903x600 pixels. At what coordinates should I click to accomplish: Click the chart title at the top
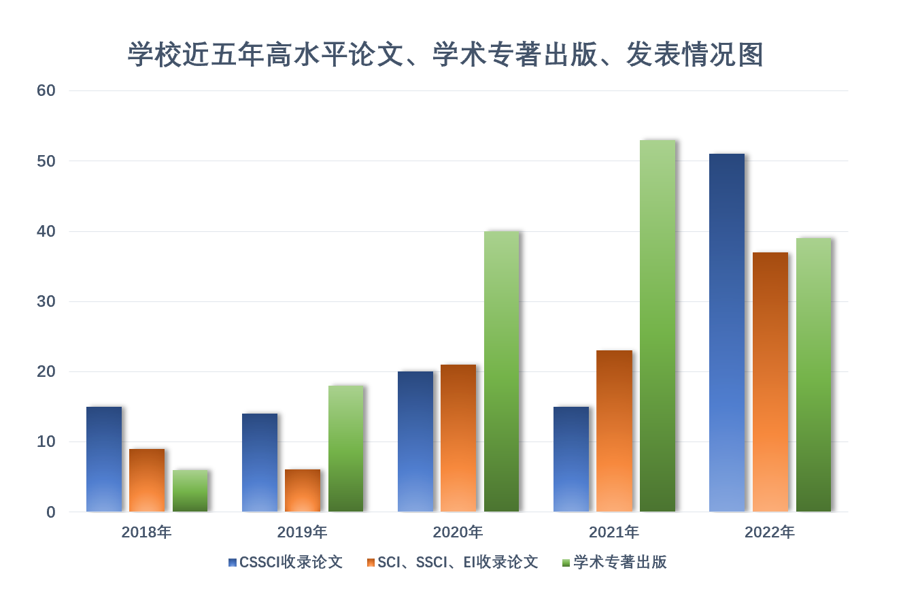tap(446, 54)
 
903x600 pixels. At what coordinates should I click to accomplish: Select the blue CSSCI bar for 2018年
tap(104, 459)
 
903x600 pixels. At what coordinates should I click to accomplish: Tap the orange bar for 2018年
tap(147, 480)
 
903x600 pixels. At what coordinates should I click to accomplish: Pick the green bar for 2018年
tap(190, 490)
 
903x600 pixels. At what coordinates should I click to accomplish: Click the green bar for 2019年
tap(345, 449)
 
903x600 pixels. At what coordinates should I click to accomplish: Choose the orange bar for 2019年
tap(303, 490)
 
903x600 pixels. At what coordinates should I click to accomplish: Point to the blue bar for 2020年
tap(415, 441)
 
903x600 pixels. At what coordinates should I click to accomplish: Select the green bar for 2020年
tap(502, 371)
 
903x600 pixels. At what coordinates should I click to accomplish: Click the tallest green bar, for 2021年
tap(658, 326)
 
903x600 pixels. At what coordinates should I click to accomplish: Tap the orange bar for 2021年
tap(615, 431)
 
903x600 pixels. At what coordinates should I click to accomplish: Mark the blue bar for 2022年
tap(727, 333)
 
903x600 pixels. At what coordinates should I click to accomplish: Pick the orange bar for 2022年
tap(770, 382)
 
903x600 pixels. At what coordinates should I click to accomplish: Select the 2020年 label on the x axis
tap(458, 532)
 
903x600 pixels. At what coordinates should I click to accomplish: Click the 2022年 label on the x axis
tap(770, 532)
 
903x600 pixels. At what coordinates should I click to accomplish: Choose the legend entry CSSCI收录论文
tap(291, 563)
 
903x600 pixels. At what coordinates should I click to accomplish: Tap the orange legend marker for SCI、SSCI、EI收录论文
tap(370, 563)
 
